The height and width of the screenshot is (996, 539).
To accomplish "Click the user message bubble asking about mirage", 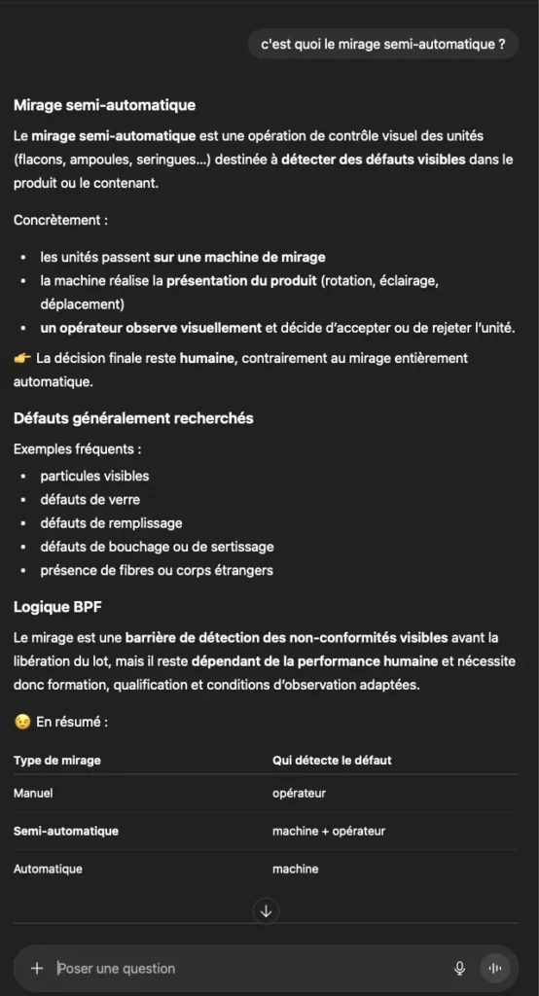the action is pyautogui.click(x=383, y=44).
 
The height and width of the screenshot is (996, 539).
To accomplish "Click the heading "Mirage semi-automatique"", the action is pyautogui.click(x=104, y=105).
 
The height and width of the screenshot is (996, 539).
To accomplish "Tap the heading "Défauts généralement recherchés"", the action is pyautogui.click(x=133, y=418).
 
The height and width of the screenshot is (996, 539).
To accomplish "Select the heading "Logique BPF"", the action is pyautogui.click(x=57, y=606).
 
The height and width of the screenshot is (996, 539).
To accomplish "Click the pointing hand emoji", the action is pyautogui.click(x=22, y=358).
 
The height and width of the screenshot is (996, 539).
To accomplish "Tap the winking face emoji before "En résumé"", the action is pyautogui.click(x=22, y=723).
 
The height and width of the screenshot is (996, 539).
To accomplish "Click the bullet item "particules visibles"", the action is pyautogui.click(x=94, y=476).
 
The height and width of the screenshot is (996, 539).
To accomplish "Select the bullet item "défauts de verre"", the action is pyautogui.click(x=90, y=499).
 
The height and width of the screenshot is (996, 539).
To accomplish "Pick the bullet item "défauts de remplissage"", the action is pyautogui.click(x=111, y=523).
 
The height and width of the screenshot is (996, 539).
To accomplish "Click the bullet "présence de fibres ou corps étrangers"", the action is pyautogui.click(x=156, y=570).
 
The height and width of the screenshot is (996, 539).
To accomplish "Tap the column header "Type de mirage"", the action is pyautogui.click(x=56, y=760).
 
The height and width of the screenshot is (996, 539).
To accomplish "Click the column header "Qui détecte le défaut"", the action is pyautogui.click(x=332, y=760).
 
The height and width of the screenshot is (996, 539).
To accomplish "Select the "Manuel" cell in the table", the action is pyautogui.click(x=33, y=794).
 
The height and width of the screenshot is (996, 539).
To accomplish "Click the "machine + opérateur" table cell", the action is pyautogui.click(x=329, y=831).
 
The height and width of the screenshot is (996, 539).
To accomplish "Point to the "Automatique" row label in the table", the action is pyautogui.click(x=48, y=869).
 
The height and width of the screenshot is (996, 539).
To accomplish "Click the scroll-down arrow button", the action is pyautogui.click(x=266, y=911).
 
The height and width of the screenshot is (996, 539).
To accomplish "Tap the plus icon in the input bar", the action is pyautogui.click(x=37, y=968).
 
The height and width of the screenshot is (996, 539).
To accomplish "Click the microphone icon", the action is pyautogui.click(x=459, y=968).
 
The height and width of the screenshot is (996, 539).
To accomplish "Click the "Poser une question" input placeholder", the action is pyautogui.click(x=117, y=968).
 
